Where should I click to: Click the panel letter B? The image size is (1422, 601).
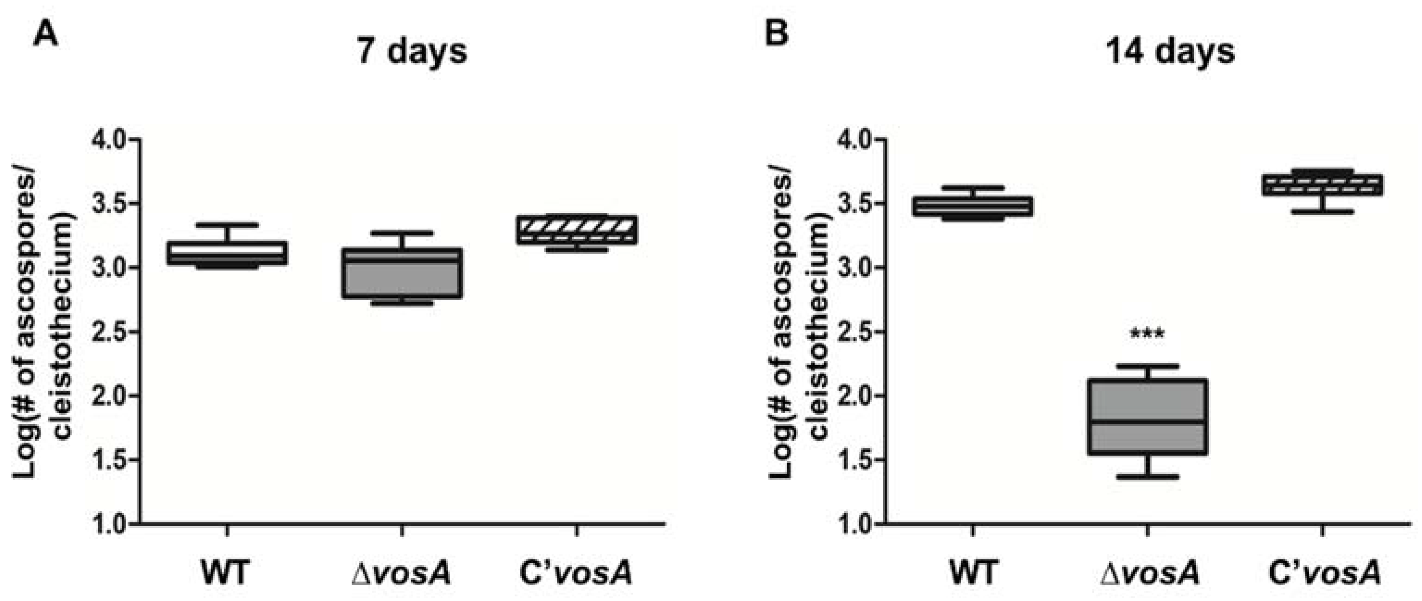(x=777, y=34)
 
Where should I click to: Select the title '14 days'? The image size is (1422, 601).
(x=1170, y=51)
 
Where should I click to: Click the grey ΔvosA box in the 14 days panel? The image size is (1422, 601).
(x=1147, y=417)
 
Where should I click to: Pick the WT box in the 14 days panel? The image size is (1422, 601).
(x=973, y=206)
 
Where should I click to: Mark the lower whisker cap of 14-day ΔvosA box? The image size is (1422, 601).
(x=1147, y=476)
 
